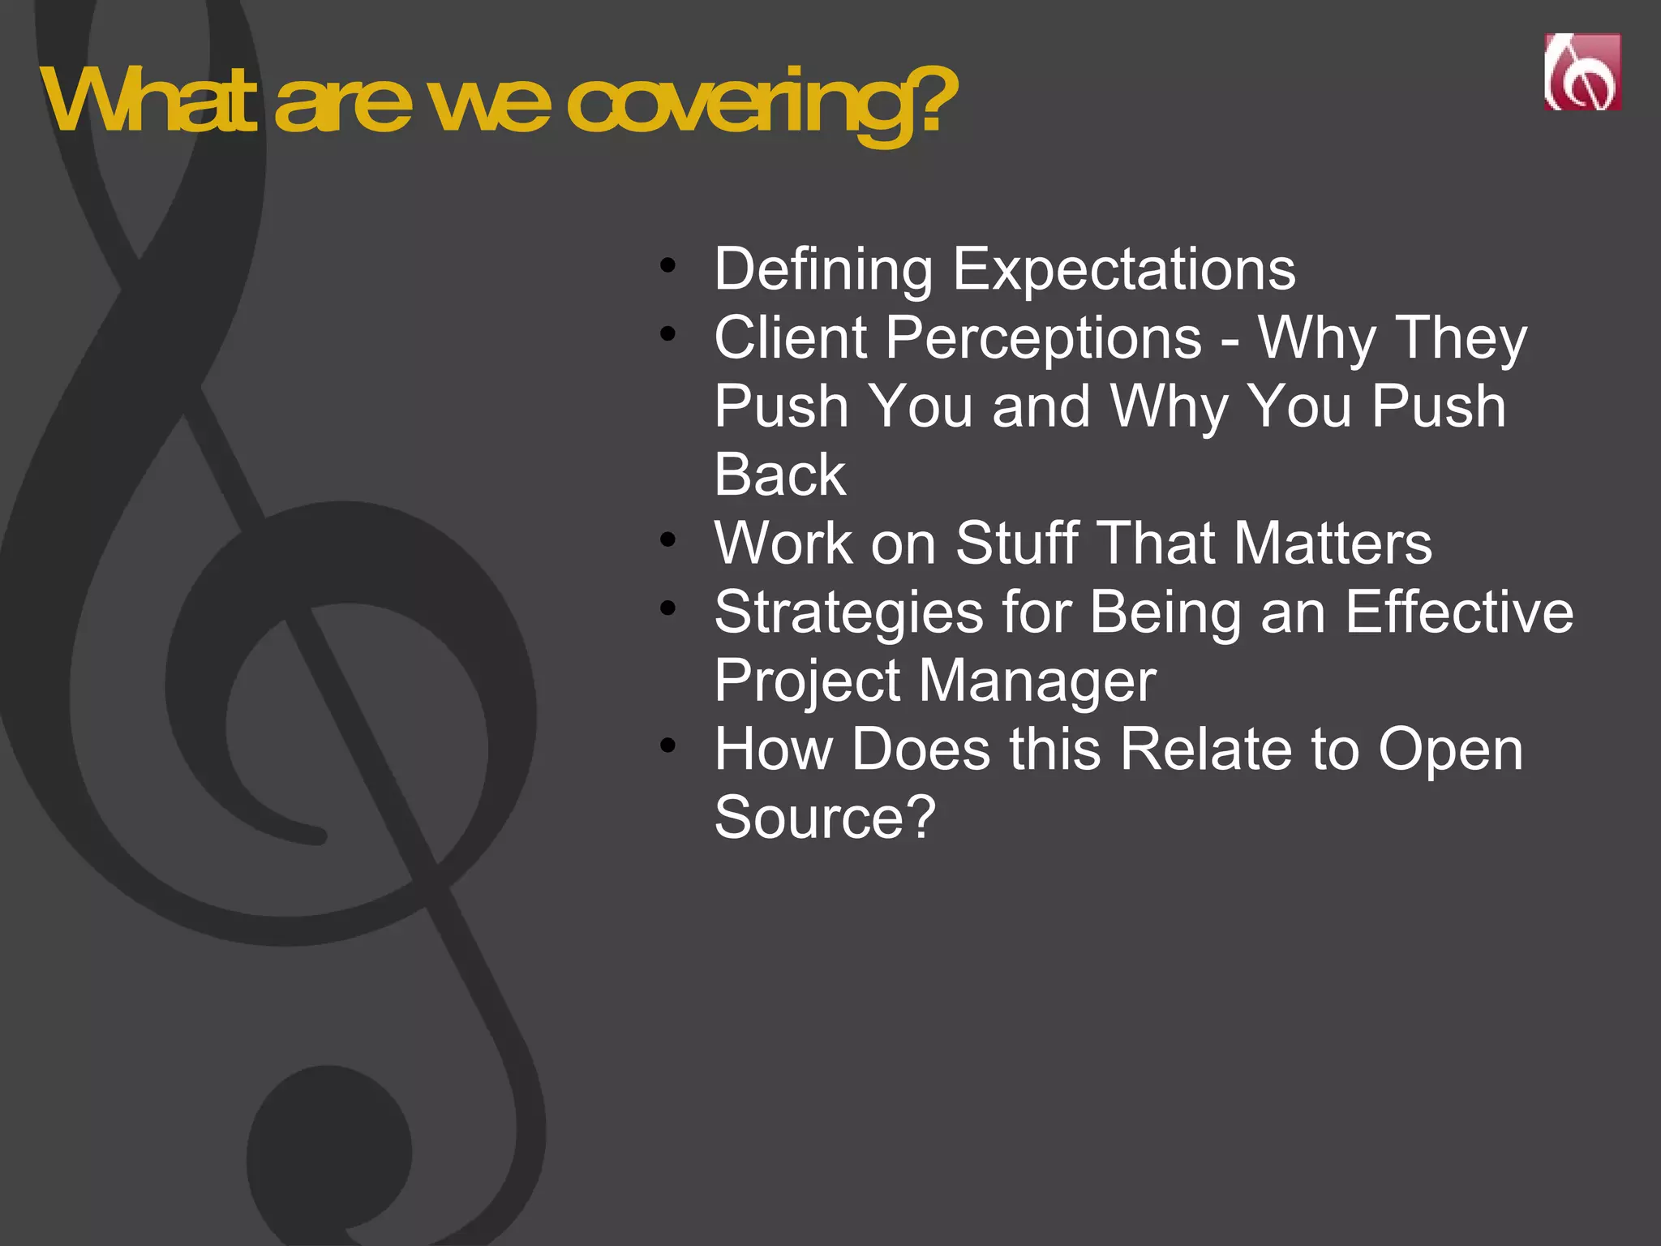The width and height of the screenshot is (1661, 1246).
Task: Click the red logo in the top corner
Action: (1582, 71)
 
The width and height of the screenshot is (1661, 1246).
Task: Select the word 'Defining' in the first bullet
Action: (822, 269)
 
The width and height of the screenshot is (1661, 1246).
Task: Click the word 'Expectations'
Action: (1123, 269)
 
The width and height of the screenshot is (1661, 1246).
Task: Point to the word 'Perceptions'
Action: (1043, 337)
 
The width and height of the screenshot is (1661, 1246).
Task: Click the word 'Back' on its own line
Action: (779, 475)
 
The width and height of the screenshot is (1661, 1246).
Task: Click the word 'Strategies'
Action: (848, 612)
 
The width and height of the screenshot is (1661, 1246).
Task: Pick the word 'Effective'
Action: (1459, 612)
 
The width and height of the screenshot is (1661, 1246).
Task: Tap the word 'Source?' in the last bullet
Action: (825, 818)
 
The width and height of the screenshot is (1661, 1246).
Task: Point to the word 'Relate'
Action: (1205, 749)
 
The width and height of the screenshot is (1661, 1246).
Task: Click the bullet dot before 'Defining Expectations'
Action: (667, 264)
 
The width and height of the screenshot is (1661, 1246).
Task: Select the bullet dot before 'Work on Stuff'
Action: (667, 539)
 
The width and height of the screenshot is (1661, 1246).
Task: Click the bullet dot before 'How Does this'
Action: (667, 745)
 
